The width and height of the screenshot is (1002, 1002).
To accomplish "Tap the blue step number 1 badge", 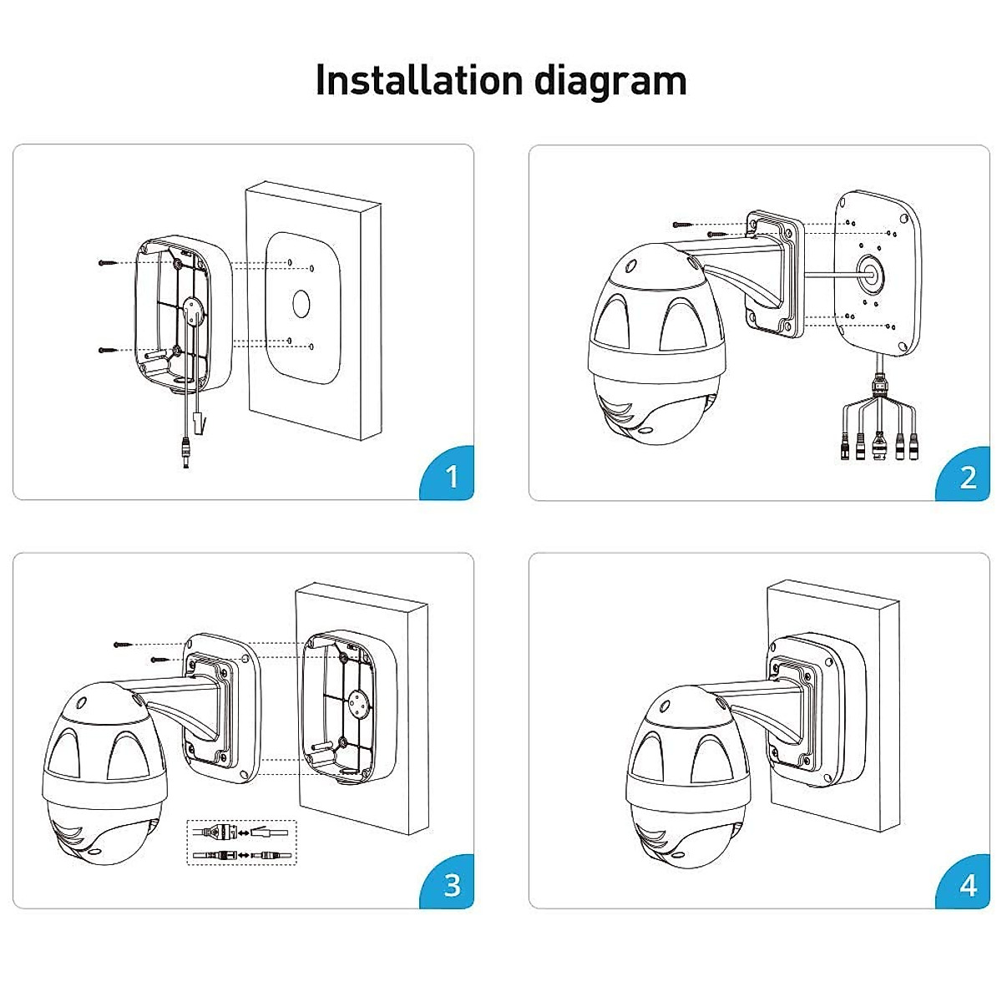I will click(x=452, y=476).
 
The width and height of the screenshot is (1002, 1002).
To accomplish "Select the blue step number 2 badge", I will click(x=968, y=476).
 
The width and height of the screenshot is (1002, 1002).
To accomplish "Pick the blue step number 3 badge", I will click(x=452, y=884).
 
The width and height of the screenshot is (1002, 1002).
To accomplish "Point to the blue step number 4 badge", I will click(x=968, y=884).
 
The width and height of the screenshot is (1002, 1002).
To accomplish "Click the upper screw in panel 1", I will click(x=109, y=263).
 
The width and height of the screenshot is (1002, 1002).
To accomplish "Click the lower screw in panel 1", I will click(x=109, y=350).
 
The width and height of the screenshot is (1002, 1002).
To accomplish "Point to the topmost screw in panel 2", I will click(x=684, y=225).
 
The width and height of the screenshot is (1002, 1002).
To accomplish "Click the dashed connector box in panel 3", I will click(x=240, y=843).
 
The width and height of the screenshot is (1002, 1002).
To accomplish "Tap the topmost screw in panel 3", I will click(x=124, y=644).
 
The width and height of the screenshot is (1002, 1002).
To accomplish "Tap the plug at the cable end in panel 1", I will click(x=183, y=454).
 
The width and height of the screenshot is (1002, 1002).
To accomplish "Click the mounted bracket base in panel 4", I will click(x=814, y=710).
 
